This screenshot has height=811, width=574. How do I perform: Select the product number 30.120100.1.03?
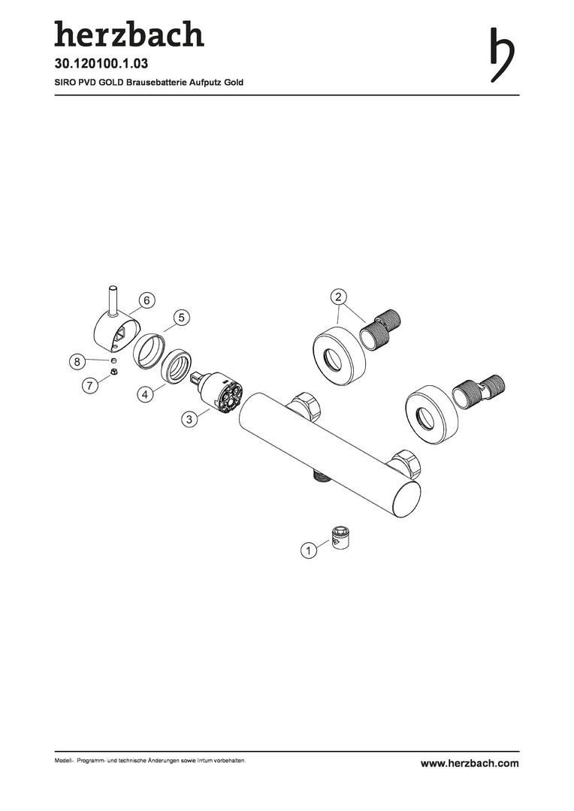tap(101, 64)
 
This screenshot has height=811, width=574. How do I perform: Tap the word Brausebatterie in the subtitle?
tap(150, 83)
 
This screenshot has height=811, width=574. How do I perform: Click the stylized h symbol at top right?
tap(502, 54)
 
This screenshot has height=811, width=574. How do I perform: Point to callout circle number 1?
tap(309, 550)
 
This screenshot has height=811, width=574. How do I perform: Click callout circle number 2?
tap(339, 297)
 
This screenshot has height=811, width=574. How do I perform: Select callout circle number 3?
tap(189, 419)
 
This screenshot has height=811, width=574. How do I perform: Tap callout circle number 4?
tap(146, 395)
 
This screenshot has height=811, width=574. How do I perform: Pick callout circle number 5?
tap(182, 317)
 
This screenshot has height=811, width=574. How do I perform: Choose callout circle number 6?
tap(147, 300)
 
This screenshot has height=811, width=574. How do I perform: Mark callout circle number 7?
tap(90, 385)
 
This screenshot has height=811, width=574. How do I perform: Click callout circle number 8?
tap(77, 361)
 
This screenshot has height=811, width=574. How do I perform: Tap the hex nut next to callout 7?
tap(113, 372)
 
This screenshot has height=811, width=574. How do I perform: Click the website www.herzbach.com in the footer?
tap(470, 763)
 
